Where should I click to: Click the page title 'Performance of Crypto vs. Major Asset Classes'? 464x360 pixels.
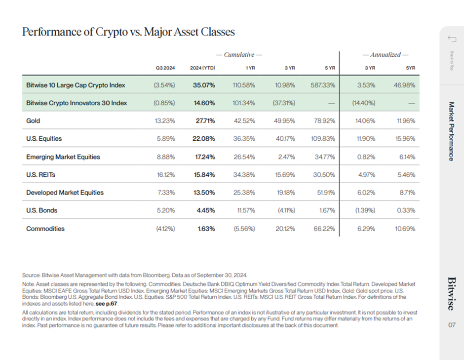click(128, 32)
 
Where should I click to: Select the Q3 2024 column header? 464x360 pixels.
click(165, 67)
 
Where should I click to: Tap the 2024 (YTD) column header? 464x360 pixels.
click(202, 67)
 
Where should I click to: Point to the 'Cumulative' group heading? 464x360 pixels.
click(239, 54)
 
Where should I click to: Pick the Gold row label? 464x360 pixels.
click(33, 121)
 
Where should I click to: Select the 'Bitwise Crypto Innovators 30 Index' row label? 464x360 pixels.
click(77, 103)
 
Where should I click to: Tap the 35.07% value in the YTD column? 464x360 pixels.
click(203, 85)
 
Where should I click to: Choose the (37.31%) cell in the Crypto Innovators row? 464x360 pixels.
click(284, 103)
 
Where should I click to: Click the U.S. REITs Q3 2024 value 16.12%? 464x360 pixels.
click(165, 175)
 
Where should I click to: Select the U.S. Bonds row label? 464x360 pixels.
click(41, 210)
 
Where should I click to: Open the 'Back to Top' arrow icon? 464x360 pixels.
click(451, 39)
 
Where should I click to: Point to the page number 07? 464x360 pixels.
click(452, 325)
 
